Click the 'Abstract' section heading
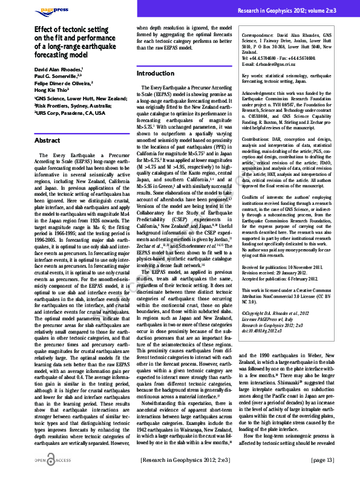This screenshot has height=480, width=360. (48, 140)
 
